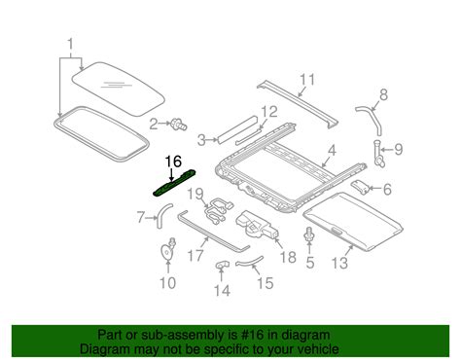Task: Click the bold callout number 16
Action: pyautogui.click(x=173, y=162)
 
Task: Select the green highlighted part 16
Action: pyautogui.click(x=175, y=183)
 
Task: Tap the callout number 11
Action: pyautogui.click(x=307, y=80)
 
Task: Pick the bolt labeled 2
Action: pyautogui.click(x=179, y=125)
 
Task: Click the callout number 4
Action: pyautogui.click(x=332, y=151)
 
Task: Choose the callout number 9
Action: pyautogui.click(x=398, y=150)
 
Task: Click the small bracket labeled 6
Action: pyautogui.click(x=360, y=187)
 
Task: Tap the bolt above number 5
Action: pyautogui.click(x=309, y=234)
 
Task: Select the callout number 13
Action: pyautogui.click(x=339, y=263)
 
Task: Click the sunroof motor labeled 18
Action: pyautogui.click(x=257, y=225)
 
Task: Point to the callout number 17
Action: pyautogui.click(x=195, y=256)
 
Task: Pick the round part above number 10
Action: pyautogui.click(x=168, y=250)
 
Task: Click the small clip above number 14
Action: pyautogui.click(x=222, y=265)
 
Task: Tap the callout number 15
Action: pyautogui.click(x=266, y=283)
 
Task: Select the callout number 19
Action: pyautogui.click(x=195, y=195)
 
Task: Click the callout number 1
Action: pyautogui.click(x=70, y=45)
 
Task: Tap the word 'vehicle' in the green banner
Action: pyautogui.click(x=318, y=349)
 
